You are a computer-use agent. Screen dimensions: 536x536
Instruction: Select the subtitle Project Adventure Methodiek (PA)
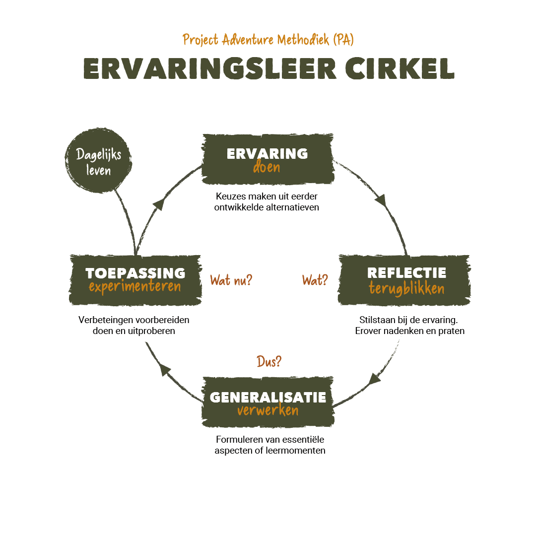[268, 40]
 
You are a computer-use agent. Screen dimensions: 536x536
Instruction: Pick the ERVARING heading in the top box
[267, 153]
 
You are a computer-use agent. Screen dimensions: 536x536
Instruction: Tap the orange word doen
[267, 167]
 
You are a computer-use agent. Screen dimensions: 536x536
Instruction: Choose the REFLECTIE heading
[406, 272]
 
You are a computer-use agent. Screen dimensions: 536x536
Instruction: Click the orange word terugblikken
[406, 288]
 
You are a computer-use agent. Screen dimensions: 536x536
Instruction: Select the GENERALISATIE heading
[268, 397]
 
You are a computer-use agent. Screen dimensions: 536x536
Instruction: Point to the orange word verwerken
[268, 411]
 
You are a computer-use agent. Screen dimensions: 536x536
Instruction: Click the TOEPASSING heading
[135, 273]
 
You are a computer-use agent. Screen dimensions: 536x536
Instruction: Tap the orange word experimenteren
[135, 287]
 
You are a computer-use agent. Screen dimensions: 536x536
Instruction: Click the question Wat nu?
[231, 280]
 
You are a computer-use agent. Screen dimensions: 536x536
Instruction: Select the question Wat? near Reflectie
[315, 280]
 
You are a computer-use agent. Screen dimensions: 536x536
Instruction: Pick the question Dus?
[269, 362]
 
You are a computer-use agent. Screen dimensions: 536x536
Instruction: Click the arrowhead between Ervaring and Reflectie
[381, 201]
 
